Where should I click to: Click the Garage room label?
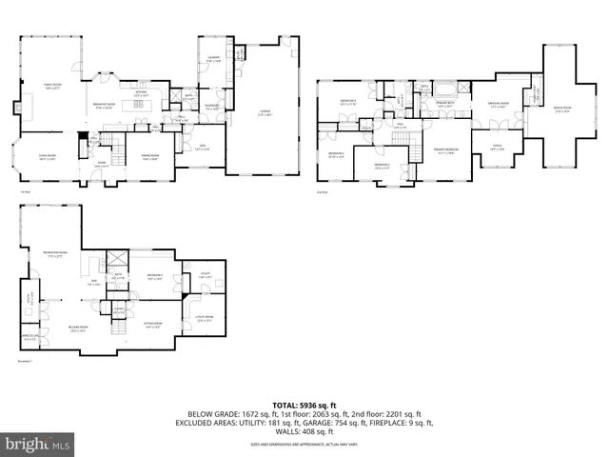(265, 113)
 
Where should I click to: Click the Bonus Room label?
(562, 109)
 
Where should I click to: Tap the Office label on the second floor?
(497, 146)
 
